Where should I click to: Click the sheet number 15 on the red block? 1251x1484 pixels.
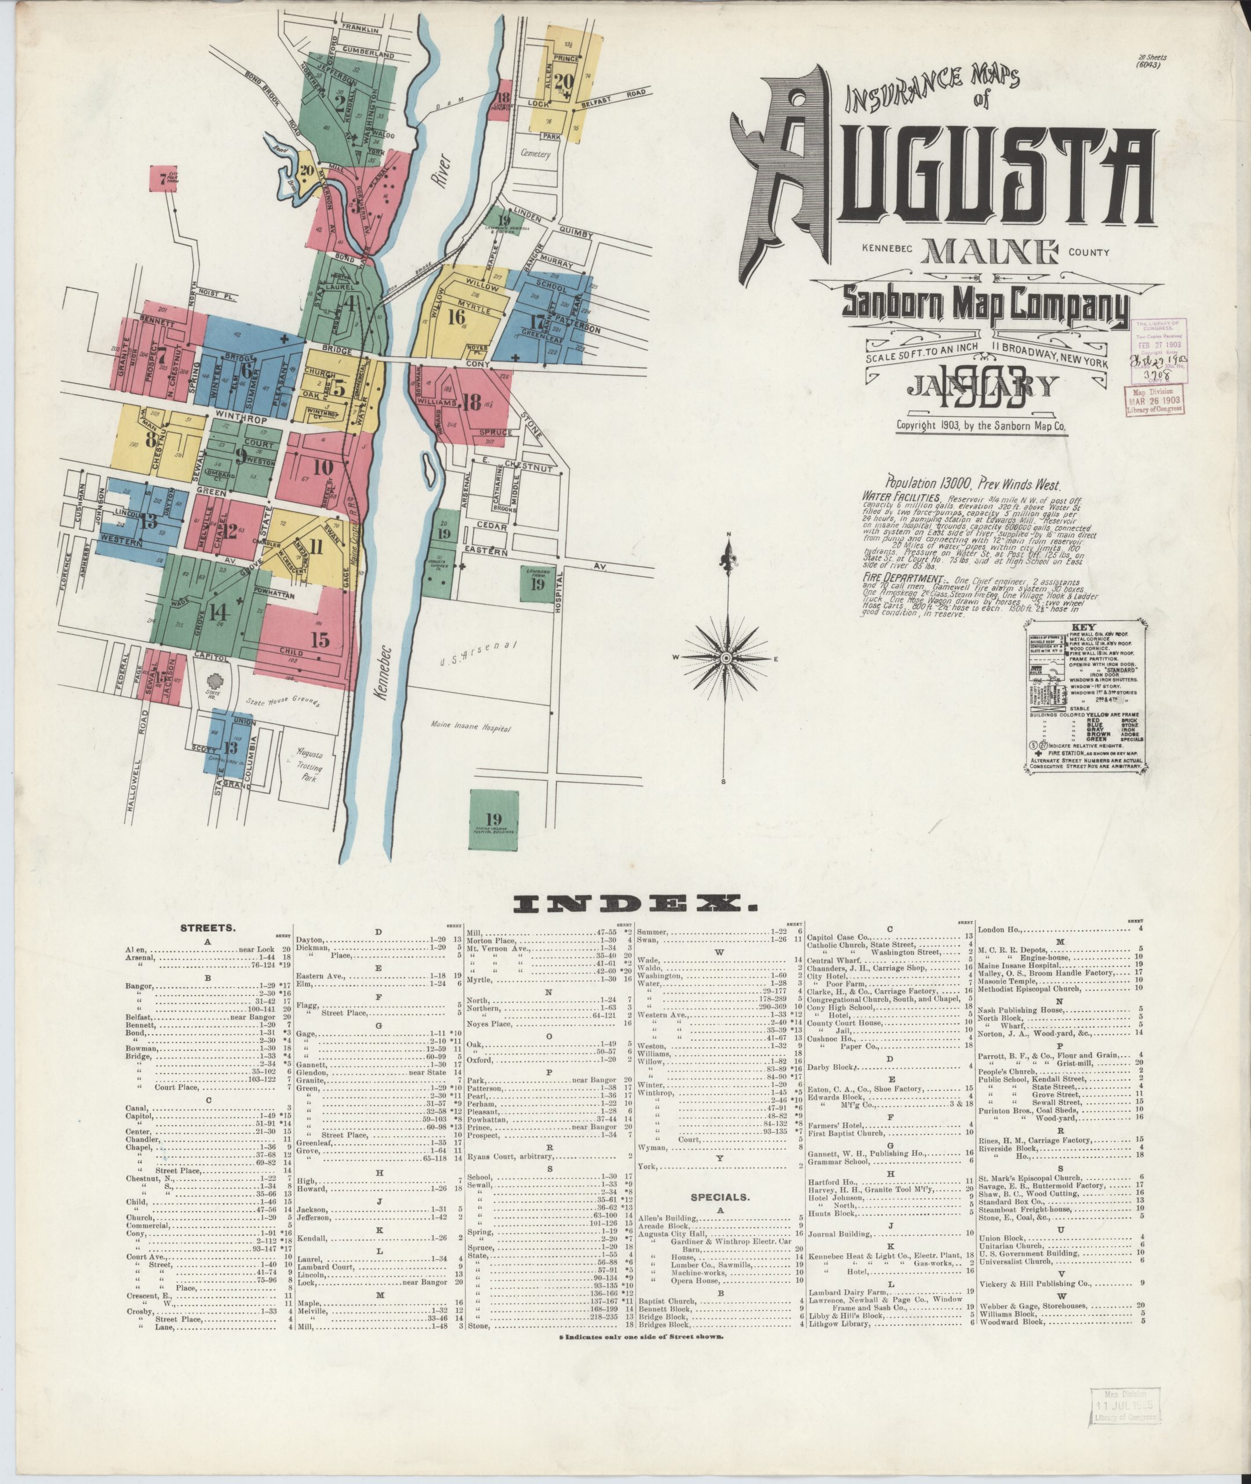tap(320, 639)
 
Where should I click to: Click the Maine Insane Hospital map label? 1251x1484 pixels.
tap(471, 727)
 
